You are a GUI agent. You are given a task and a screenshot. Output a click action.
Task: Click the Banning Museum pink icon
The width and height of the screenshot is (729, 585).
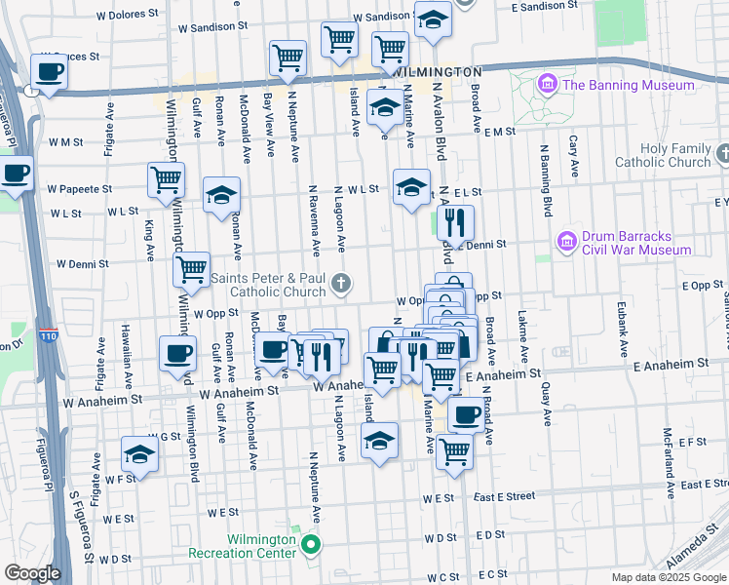[545, 85]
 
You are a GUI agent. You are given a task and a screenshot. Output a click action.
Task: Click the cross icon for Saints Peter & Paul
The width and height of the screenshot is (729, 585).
[340, 284]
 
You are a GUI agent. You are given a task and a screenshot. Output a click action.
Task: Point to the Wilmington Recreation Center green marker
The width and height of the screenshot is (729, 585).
[311, 544]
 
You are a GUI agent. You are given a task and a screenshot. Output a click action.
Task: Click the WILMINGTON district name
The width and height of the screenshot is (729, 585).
[441, 72]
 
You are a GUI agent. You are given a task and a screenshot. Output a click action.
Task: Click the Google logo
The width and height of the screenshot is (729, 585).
[31, 572]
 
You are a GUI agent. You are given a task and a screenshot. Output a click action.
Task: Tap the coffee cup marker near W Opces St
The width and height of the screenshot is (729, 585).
[48, 71]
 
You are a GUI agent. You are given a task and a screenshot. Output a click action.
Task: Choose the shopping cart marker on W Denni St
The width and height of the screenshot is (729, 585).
[192, 267]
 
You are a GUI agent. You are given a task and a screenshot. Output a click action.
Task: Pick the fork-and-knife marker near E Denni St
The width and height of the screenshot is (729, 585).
[455, 223]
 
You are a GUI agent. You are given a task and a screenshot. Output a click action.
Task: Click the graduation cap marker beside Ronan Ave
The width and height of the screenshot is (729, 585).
[221, 194]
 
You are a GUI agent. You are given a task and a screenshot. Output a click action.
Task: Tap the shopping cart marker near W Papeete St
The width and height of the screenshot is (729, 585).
[167, 179]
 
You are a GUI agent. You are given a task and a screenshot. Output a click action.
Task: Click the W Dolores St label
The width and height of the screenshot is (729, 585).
[127, 15]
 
